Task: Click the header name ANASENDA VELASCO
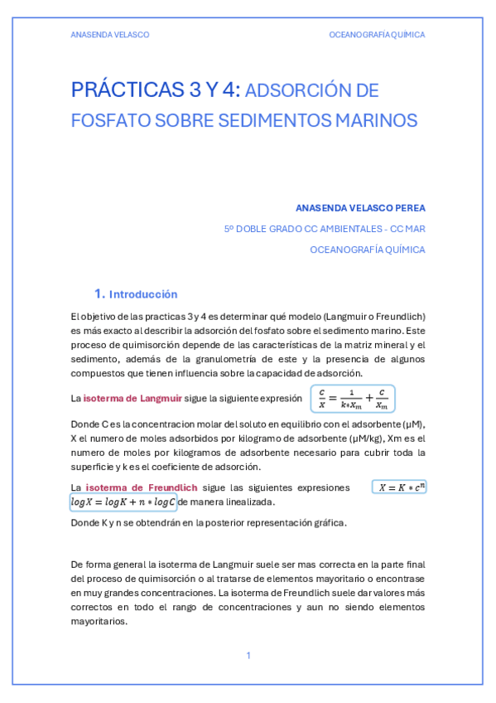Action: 109,35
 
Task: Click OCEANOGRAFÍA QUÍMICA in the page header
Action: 377,35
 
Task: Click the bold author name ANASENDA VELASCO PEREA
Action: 360,207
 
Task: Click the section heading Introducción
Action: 143,294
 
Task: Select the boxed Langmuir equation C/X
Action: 353,399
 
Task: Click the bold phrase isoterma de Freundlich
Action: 130,487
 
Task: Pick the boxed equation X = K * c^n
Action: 400,487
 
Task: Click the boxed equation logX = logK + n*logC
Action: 123,502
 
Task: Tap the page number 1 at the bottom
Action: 248,656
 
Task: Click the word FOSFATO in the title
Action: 99,120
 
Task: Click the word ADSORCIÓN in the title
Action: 302,90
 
